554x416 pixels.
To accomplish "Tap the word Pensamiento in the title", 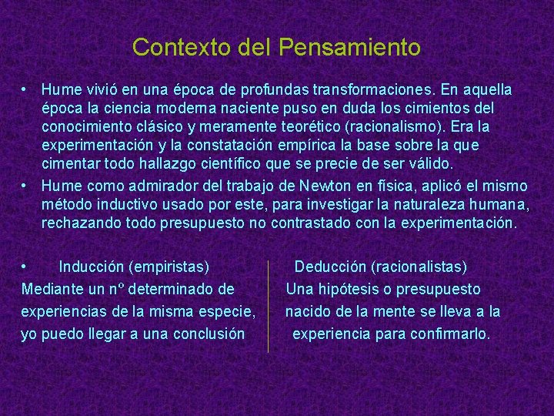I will pyautogui.click(x=350, y=48).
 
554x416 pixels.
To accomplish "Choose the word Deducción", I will pyautogui.click(x=330, y=267).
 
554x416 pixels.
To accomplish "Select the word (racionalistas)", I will pyautogui.click(x=419, y=267).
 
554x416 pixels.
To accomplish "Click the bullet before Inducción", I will pyautogui.click(x=25, y=267).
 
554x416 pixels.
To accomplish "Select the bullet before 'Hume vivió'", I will pyautogui.click(x=25, y=90).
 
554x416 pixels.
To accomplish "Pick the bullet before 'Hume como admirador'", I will pyautogui.click(x=25, y=186).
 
